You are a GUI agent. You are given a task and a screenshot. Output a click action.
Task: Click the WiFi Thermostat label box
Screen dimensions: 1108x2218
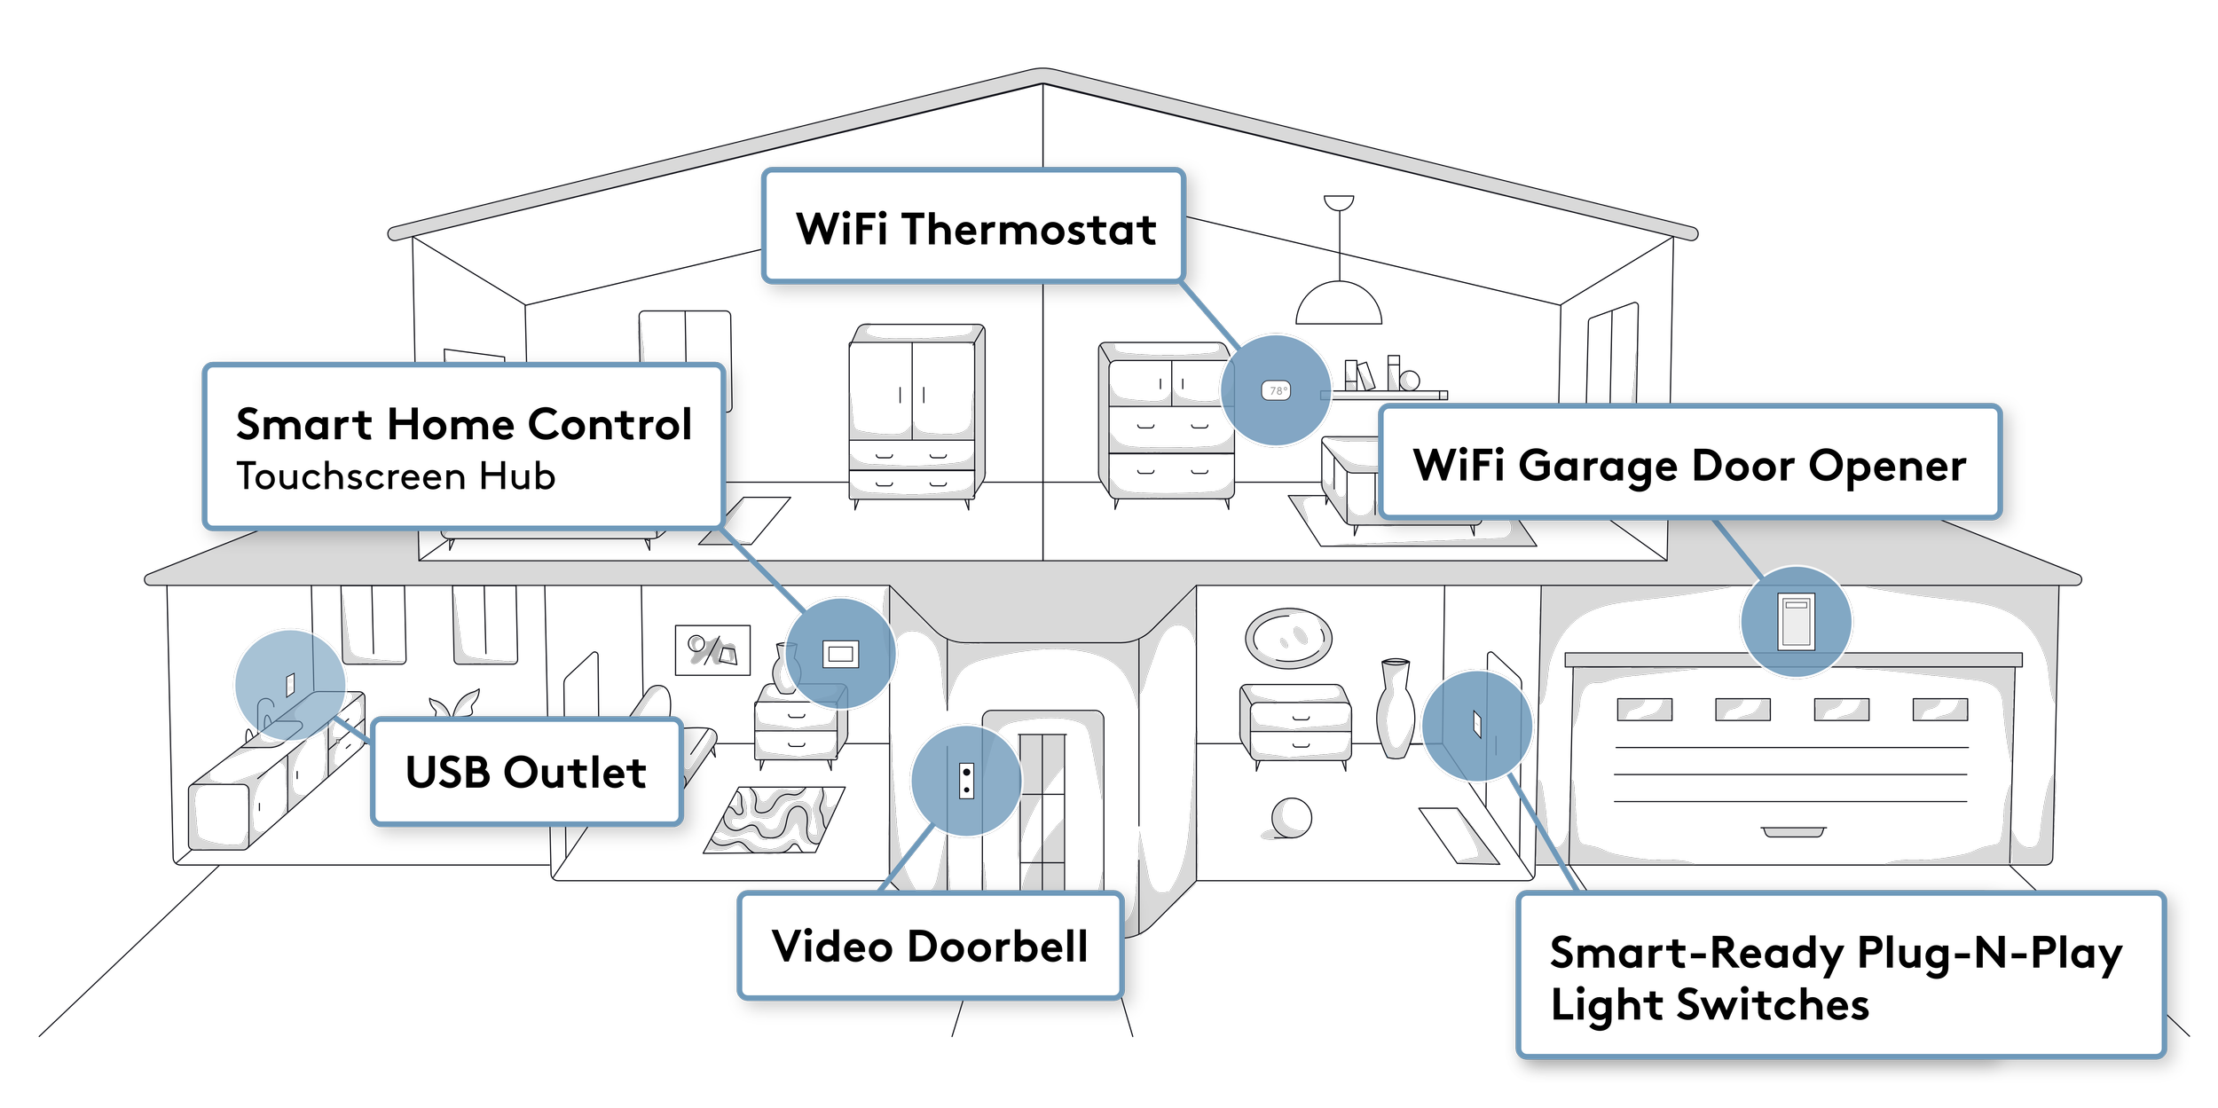[973, 226]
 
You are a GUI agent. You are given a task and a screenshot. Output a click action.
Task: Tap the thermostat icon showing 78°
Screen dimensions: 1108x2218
[1276, 390]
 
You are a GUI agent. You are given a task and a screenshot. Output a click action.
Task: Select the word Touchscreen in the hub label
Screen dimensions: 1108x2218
[350, 476]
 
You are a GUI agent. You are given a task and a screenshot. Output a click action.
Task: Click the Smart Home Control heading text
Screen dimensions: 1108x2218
[463, 424]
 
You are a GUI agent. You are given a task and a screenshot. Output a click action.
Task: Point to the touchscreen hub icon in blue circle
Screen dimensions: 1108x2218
[839, 655]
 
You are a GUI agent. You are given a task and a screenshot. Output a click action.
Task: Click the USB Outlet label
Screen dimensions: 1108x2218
[526, 772]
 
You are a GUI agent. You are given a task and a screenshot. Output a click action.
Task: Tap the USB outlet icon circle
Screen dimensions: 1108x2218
[290, 685]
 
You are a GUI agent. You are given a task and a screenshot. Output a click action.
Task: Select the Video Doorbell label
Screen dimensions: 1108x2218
[930, 946]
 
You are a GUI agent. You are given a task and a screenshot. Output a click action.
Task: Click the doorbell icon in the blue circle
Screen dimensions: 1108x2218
[966, 781]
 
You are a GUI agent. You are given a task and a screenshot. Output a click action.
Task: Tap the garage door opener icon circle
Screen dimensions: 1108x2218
[1796, 622]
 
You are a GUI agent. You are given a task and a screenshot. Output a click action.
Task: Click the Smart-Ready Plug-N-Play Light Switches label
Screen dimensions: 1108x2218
[1840, 976]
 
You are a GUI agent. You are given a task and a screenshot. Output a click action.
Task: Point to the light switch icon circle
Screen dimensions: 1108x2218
[1477, 726]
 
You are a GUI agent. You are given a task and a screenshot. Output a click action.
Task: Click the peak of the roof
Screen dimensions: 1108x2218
[1042, 76]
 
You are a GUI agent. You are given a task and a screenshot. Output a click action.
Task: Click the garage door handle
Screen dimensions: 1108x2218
[1793, 832]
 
